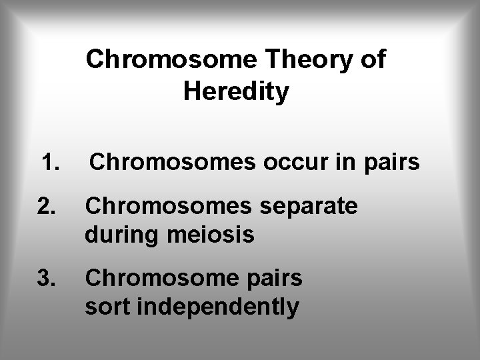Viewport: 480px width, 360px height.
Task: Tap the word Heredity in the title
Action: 236,92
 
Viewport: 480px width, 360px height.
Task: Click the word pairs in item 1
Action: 393,162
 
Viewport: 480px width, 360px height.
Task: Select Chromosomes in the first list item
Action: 170,162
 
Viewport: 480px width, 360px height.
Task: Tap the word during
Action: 121,235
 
